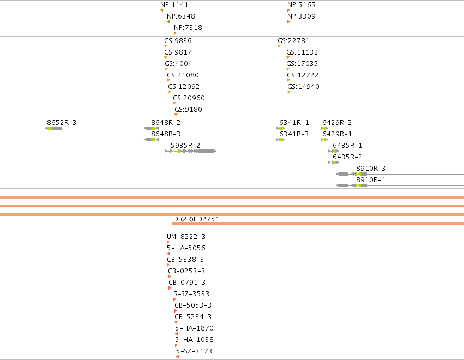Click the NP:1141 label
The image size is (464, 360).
tap(174, 5)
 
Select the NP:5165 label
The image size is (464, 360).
tap(301, 5)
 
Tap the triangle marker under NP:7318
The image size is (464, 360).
tap(175, 33)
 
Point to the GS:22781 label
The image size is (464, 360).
tap(293, 41)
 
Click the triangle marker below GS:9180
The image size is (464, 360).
tap(176, 115)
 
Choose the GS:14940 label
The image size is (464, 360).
tap(303, 87)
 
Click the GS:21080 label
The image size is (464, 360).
tap(183, 75)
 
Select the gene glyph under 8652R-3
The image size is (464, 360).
tap(53, 128)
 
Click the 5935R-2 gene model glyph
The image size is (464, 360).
tap(191, 151)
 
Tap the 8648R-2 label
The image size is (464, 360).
tap(166, 123)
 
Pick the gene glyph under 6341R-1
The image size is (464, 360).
tap(280, 128)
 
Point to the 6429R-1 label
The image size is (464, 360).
tap(337, 134)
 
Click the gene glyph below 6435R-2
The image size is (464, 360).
tap(334, 163)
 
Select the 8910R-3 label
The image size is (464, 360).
tap(371, 169)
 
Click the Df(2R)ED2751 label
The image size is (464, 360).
tap(196, 219)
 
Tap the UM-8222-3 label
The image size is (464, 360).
tap(186, 237)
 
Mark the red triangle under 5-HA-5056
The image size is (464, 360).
tap(168, 254)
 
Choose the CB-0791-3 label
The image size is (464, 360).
tap(187, 283)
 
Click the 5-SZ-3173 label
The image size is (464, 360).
tap(194, 351)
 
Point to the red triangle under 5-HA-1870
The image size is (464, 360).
tap(176, 334)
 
